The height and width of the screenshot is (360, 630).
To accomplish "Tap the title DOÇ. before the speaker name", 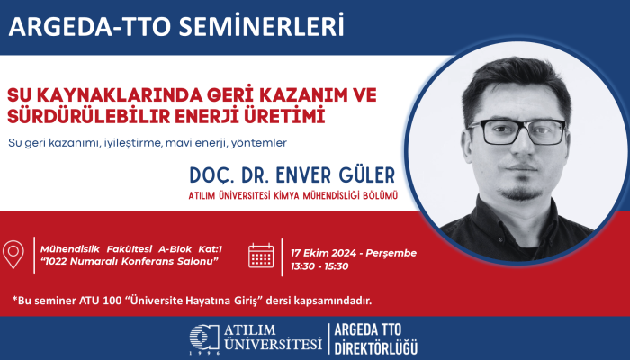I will coord(212,172).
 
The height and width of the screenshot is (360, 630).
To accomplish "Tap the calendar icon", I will coord(261,256).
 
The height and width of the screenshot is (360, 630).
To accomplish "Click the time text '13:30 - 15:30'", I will coord(319,266).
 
